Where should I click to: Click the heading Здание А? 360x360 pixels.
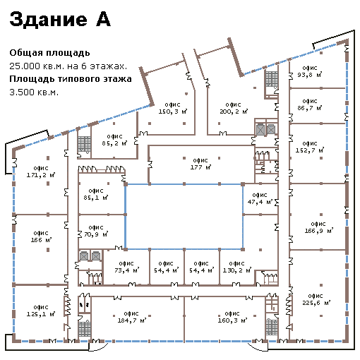tap(60, 19)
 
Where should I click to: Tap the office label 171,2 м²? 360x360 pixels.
tap(41, 172)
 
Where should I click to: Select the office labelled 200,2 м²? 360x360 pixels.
tap(234, 108)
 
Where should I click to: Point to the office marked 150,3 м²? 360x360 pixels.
tap(173, 108)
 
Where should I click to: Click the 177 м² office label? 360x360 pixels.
tap(200, 164)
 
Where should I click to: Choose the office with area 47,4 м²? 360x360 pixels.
tap(260, 198)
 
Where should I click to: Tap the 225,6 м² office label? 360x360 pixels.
tap(316, 299)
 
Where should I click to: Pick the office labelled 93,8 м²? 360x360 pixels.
tap(310, 71)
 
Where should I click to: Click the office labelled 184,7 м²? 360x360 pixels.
tap(132, 317)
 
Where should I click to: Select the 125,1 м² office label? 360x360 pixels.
tap(41, 311)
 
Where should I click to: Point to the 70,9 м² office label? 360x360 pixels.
tap(96, 231)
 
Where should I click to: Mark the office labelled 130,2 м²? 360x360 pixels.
tap(237, 267)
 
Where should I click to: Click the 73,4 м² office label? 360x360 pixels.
tap(126, 267)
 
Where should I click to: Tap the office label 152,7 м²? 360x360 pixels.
tap(310, 147)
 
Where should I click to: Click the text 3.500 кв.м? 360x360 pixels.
tap(34, 92)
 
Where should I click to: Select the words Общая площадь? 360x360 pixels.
tap(49, 53)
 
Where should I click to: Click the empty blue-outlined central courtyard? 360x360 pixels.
tap(184, 217)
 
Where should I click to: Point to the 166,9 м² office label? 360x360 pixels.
tap(319, 227)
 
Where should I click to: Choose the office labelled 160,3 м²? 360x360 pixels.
tap(232, 317)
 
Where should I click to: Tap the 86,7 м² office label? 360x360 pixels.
tap(310, 104)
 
